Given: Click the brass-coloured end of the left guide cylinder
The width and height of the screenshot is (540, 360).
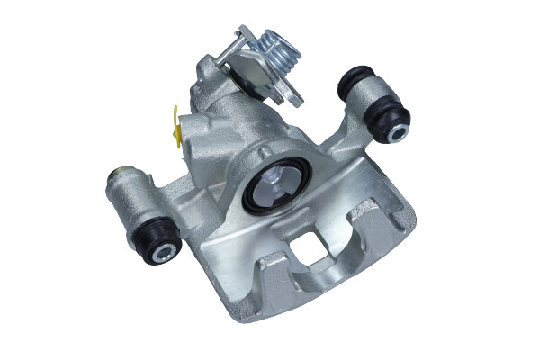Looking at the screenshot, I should pyautogui.click(x=116, y=175).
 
